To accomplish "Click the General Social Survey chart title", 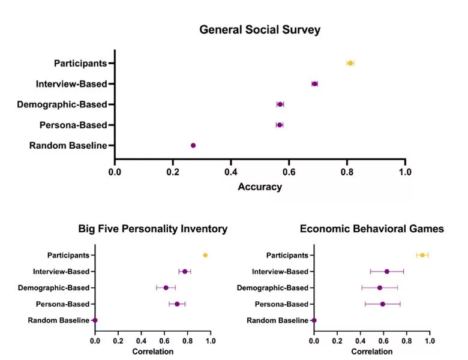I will coord(260,29).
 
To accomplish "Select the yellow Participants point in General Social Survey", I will coord(350,63).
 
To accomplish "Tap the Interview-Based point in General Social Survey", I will coord(314,83).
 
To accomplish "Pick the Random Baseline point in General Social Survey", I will coord(193,145).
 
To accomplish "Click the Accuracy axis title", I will coord(260,187).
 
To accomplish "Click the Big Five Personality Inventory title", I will coord(153,229).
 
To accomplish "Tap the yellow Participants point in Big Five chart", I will coord(205,255).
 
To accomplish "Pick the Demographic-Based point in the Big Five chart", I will coord(166,287).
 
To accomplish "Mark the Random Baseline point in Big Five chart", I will coord(95,320).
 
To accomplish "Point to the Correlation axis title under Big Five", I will coord(153,351).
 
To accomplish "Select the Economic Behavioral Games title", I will coord(372,229).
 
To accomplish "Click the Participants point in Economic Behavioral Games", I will coord(422,255).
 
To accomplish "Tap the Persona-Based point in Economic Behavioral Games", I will coord(382,304).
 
